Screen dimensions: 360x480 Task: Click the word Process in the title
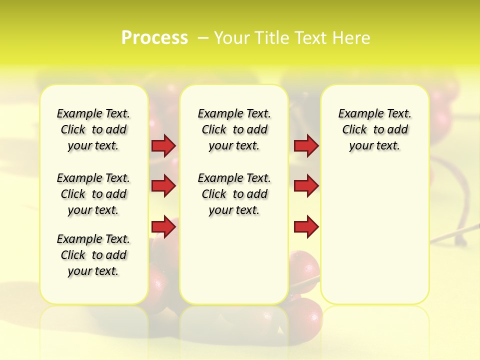click(x=154, y=38)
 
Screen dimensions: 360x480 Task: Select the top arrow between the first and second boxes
click(x=163, y=145)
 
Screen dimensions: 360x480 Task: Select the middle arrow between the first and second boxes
click(x=163, y=186)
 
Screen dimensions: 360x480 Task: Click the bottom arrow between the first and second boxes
click(x=163, y=226)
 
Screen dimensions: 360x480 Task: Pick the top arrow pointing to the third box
click(x=306, y=145)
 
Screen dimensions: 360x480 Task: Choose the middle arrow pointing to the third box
click(x=306, y=186)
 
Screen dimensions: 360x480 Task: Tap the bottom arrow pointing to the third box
click(x=306, y=226)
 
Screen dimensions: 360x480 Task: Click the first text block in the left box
click(x=93, y=129)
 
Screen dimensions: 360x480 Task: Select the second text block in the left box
click(x=93, y=194)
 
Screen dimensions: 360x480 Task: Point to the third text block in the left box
click(x=93, y=255)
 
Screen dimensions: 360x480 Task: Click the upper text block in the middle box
click(x=234, y=129)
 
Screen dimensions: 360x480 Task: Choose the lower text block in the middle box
click(x=234, y=194)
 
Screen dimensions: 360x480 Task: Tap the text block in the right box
click(x=374, y=129)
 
